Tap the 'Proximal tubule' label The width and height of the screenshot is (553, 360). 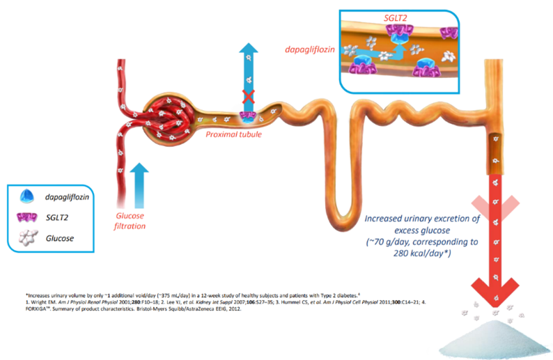(x=234, y=134)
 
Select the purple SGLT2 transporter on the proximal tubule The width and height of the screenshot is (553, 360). (x=248, y=116)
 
